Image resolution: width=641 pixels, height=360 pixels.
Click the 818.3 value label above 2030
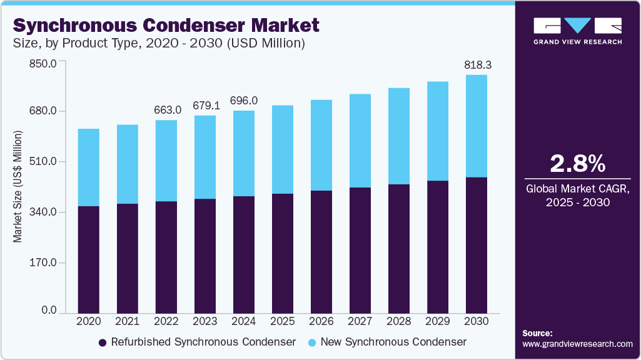pos(477,65)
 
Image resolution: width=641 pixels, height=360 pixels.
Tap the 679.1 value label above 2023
pos(205,106)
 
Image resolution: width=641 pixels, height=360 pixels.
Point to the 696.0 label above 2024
pos(244,101)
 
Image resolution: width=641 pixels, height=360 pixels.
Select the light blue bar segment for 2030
pos(477,126)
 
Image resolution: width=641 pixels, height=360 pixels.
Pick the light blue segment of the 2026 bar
pos(321,145)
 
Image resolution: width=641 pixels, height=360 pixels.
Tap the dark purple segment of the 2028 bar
pos(399,248)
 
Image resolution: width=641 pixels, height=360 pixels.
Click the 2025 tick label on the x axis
pos(283,321)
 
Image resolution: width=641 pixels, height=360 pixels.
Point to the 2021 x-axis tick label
pos(128,321)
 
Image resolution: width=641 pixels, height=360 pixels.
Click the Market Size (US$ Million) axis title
pos(18,187)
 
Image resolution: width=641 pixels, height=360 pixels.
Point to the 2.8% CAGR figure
pos(577,164)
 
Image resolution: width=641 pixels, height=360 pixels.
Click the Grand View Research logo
pos(577,30)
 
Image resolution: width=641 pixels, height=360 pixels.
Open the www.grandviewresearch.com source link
pos(577,344)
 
